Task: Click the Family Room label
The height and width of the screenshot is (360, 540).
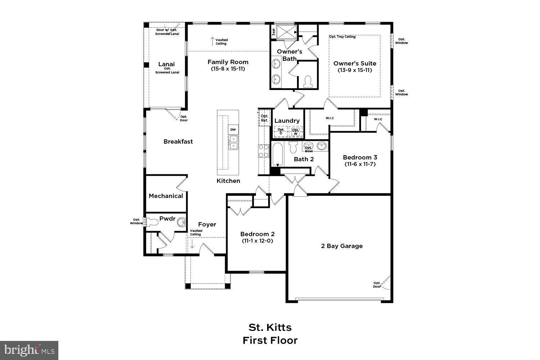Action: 228,62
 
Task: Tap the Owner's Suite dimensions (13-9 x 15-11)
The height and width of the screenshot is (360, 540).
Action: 355,70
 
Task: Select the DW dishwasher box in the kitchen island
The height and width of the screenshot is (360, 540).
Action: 233,130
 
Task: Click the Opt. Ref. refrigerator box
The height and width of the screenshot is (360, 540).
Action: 264,118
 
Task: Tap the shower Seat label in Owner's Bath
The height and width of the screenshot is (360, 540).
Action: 274,31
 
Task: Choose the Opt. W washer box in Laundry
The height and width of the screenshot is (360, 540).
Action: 296,132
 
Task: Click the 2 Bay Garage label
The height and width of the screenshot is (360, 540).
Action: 342,246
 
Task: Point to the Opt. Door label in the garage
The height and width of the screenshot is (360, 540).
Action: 377,284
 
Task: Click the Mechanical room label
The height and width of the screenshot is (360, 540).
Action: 166,196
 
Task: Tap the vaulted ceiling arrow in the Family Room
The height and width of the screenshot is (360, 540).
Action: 212,41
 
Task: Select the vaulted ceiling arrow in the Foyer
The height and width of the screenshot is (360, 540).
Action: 192,244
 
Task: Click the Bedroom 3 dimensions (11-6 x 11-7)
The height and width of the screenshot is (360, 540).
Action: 360,164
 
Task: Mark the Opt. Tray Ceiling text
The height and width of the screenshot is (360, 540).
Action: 342,37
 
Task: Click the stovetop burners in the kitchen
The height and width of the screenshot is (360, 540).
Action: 264,150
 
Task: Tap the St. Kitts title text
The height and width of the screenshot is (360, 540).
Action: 270,327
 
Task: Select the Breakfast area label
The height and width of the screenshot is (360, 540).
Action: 178,141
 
